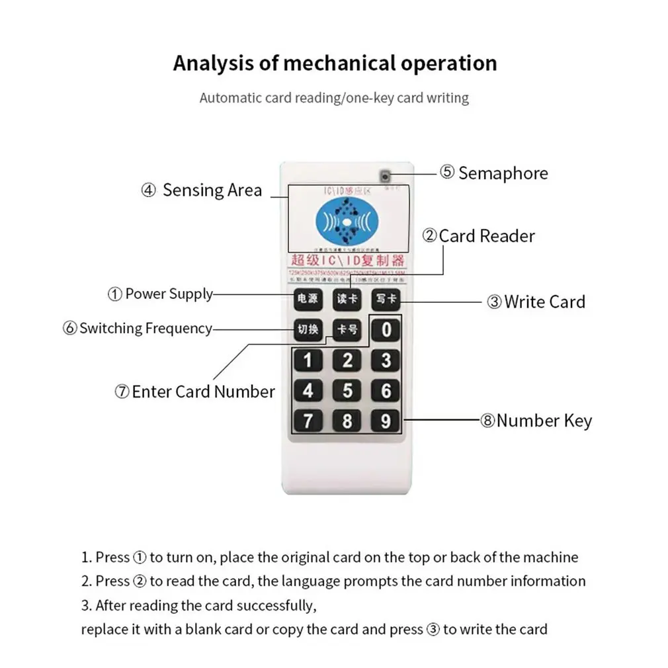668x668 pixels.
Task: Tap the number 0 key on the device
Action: pos(386,329)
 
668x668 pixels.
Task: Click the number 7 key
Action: pos(308,421)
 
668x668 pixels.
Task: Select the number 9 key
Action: pos(386,421)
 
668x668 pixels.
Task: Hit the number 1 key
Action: pos(308,360)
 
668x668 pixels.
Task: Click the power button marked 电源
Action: pos(308,298)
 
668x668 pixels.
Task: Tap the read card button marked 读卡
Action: pos(347,298)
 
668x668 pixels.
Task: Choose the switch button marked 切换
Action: pos(308,329)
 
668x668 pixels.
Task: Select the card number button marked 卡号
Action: pos(347,329)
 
